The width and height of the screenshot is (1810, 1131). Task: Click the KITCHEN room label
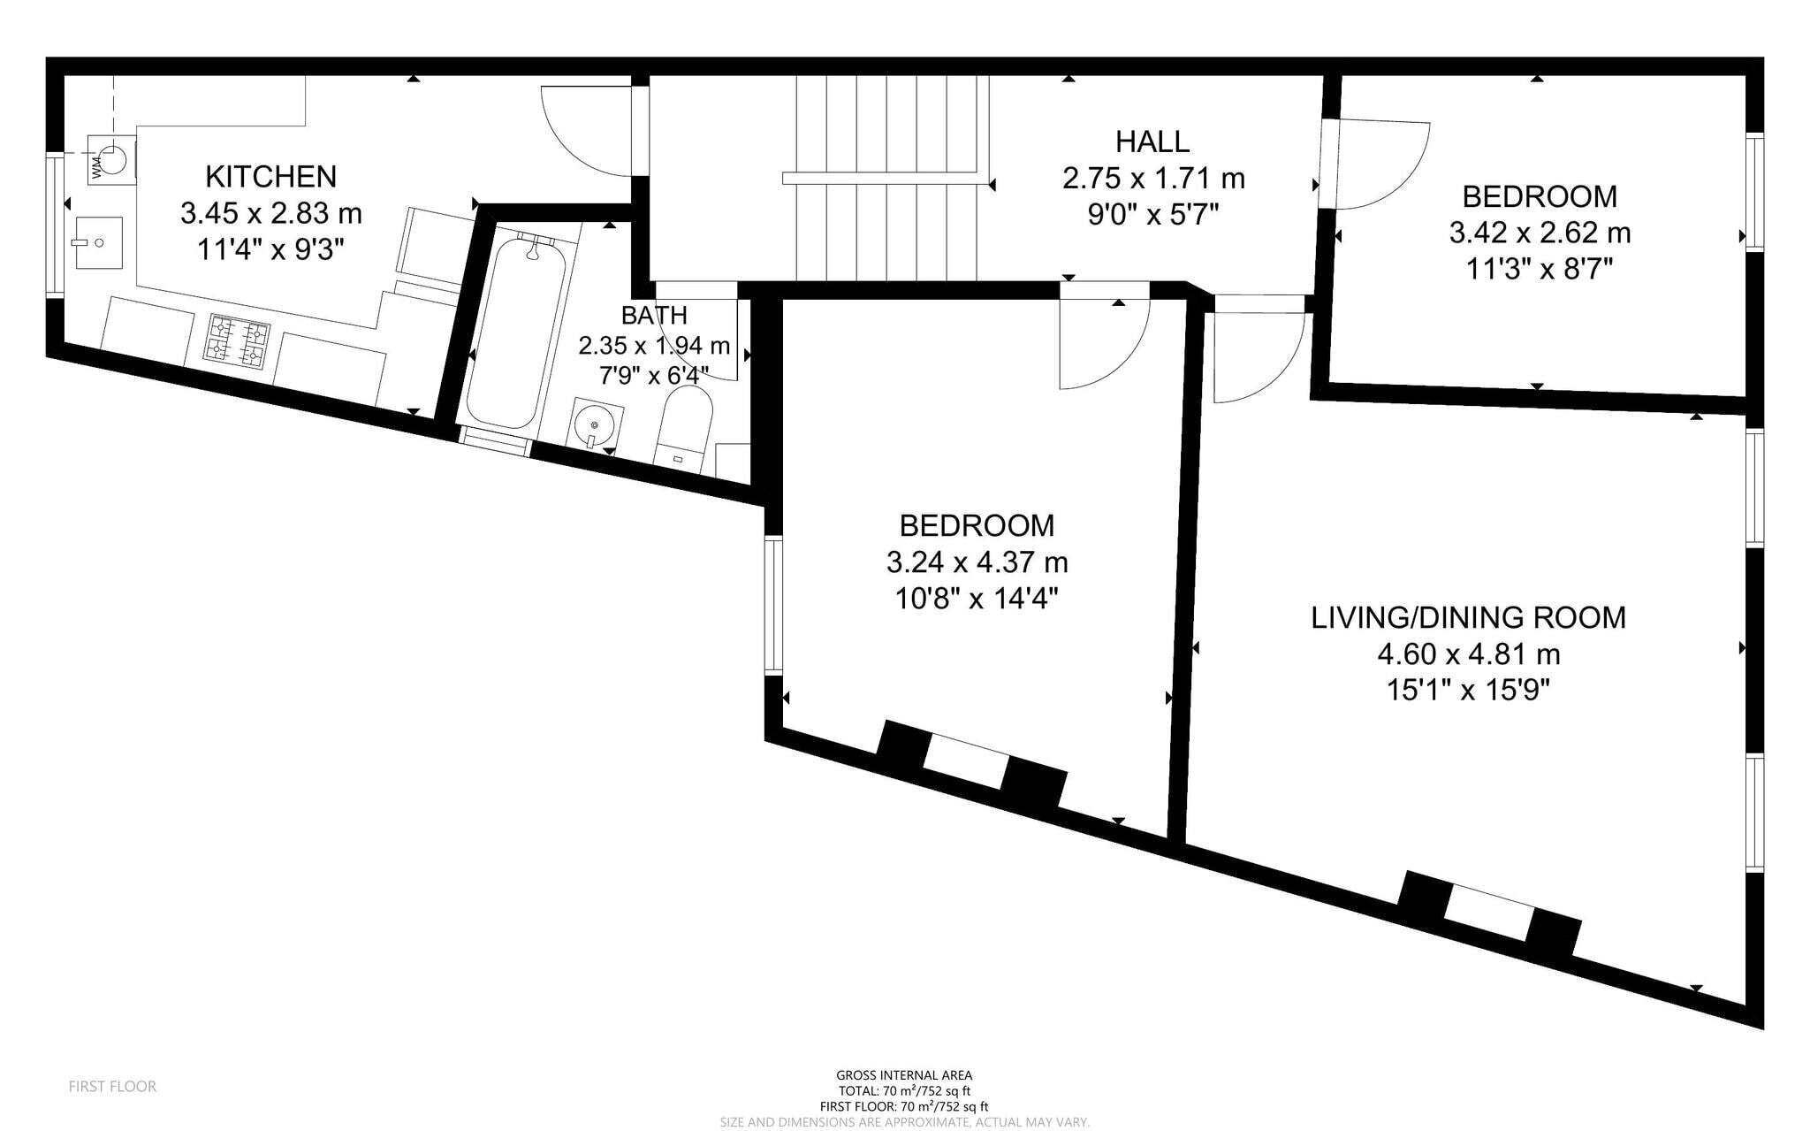pos(270,177)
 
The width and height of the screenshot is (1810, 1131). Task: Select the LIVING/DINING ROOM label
pos(1468,617)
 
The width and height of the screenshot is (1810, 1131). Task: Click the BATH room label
pos(654,315)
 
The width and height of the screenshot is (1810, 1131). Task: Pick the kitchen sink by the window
pos(99,242)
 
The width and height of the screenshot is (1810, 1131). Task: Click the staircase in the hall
pos(886,177)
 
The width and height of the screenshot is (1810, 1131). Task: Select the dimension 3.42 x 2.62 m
pos(1540,233)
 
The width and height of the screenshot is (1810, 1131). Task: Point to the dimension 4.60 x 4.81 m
pos(1468,654)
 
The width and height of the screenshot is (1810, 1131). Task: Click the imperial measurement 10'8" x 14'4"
pos(977,599)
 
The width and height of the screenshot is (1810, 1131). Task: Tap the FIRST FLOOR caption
pos(112,1086)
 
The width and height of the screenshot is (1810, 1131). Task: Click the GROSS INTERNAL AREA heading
pos(904,1075)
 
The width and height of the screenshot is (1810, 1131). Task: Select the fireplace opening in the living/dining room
pos(1489,913)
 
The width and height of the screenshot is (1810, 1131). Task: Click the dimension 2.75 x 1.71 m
pos(1153,179)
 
